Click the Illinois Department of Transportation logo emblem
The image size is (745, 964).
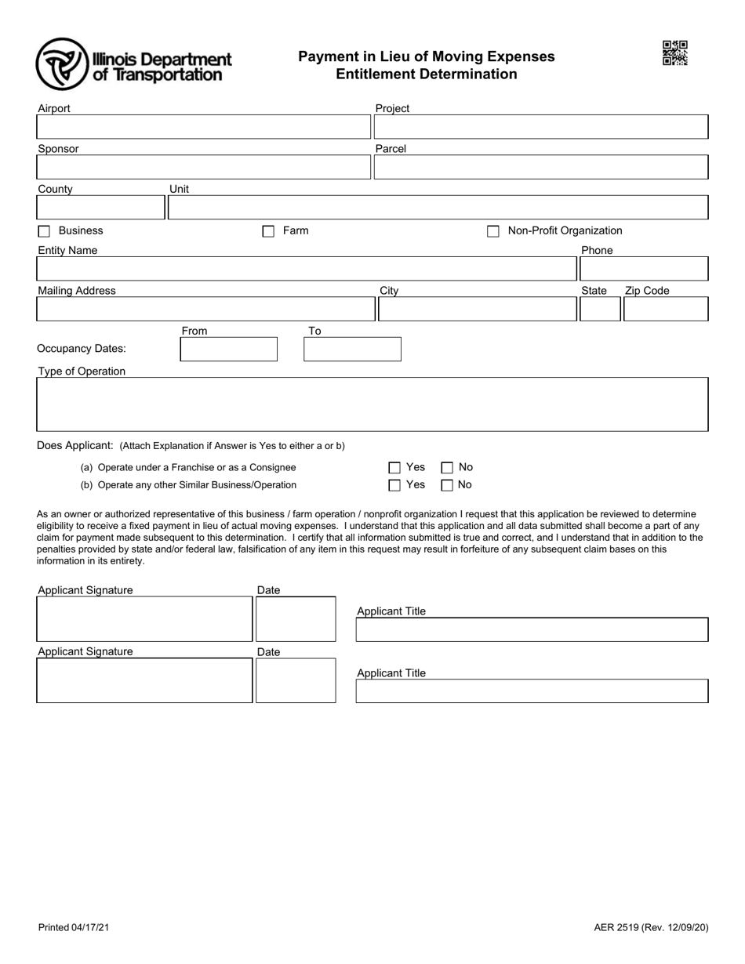(x=62, y=64)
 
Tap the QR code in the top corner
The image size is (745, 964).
(x=674, y=53)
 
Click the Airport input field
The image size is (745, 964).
(x=203, y=127)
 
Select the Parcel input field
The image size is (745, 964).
(x=541, y=167)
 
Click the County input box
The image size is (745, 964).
(x=100, y=207)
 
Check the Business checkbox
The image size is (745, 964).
(x=44, y=231)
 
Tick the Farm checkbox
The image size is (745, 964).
(x=268, y=231)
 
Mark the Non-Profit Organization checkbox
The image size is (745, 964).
(x=493, y=231)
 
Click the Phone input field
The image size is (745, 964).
(x=643, y=269)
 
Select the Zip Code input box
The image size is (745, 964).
(x=665, y=310)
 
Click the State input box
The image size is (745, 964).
(x=599, y=310)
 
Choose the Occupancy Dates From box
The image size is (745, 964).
(x=228, y=349)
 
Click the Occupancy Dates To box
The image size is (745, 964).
(x=352, y=349)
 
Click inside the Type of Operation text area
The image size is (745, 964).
(x=372, y=404)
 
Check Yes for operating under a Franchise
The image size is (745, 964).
(x=394, y=468)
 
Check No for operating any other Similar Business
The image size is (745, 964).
(x=447, y=485)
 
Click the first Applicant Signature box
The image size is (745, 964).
(x=144, y=619)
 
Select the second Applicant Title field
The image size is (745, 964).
(x=532, y=690)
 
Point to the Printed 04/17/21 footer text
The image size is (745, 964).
(x=74, y=927)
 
